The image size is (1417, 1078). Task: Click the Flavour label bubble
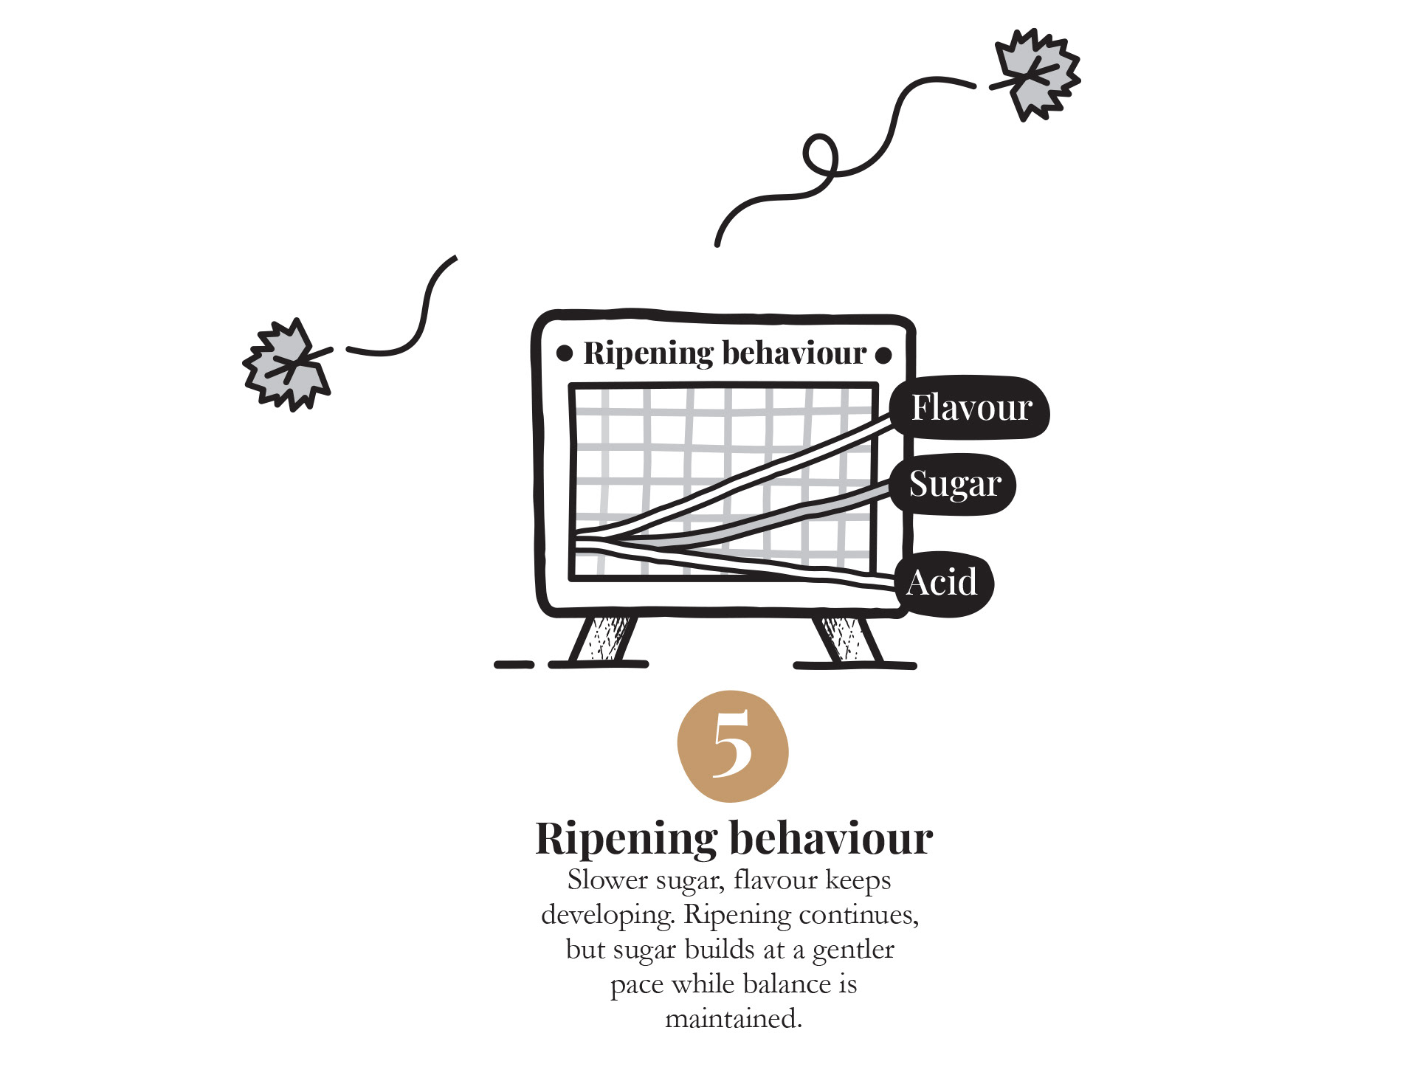pyautogui.click(x=970, y=408)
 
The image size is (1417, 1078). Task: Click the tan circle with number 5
pyautogui.click(x=733, y=746)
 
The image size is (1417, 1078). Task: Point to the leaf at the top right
pyautogui.click(x=1036, y=74)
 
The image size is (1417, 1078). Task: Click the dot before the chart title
pyautogui.click(x=565, y=353)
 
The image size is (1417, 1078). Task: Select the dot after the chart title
pyautogui.click(x=883, y=355)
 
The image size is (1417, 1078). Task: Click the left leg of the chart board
pyautogui.click(x=604, y=639)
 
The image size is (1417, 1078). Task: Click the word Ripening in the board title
pyautogui.click(x=640, y=353)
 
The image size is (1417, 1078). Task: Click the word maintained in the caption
pyautogui.click(x=733, y=1019)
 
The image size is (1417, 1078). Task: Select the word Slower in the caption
pyautogui.click(x=607, y=880)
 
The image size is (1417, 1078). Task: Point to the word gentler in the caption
pyautogui.click(x=853, y=950)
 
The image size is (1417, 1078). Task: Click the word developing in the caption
pyautogui.click(x=607, y=915)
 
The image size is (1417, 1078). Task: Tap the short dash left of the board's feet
pyautogui.click(x=514, y=665)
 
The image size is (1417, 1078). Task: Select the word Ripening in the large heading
pyautogui.click(x=626, y=839)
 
